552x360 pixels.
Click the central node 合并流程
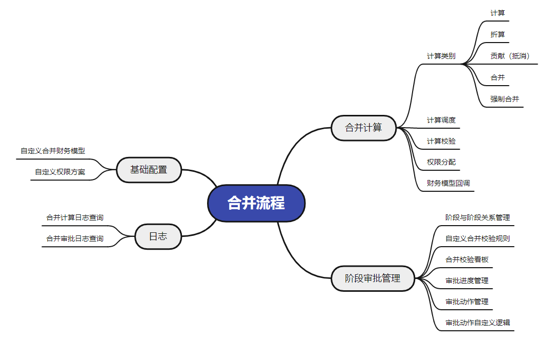point(256,203)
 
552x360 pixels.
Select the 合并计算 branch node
point(363,128)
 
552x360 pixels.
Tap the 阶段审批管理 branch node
point(372,278)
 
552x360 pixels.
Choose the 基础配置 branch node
point(149,170)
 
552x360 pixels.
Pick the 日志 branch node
point(158,236)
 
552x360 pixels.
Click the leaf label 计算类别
point(441,56)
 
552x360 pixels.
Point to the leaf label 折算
point(497,34)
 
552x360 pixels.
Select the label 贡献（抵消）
point(510,56)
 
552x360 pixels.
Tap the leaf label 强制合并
point(504,99)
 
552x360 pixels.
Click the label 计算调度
point(441,120)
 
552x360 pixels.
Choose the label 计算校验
point(441,141)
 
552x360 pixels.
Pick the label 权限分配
point(441,162)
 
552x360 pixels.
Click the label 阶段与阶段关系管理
point(477,217)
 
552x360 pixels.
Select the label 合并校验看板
point(467,259)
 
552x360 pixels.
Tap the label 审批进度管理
point(467,281)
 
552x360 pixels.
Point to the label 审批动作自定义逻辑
point(477,323)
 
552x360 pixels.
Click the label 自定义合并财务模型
point(53,151)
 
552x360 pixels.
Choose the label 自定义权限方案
point(60,172)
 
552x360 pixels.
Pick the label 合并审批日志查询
point(74,238)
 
